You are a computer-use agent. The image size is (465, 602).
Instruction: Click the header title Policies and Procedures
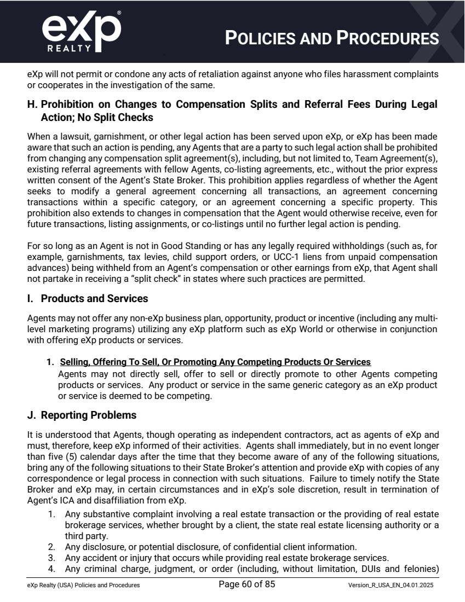coord(332,38)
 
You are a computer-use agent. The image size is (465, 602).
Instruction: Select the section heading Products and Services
coord(94,299)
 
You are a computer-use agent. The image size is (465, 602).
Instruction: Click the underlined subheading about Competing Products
coord(215,362)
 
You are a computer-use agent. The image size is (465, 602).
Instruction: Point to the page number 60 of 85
coord(246,584)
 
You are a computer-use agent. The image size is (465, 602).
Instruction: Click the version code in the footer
coord(393,585)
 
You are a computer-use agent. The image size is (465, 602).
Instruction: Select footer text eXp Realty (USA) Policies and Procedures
coord(83,585)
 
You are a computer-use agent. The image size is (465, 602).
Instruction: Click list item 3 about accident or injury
coord(227,558)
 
